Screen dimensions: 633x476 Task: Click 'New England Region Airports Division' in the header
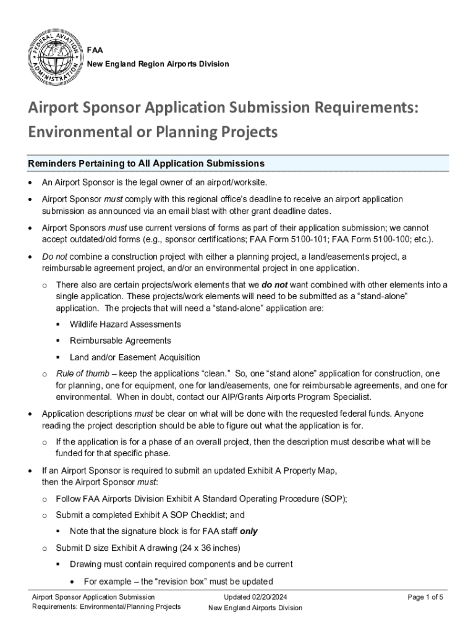(x=158, y=64)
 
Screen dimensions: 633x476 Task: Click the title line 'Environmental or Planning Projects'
(x=153, y=132)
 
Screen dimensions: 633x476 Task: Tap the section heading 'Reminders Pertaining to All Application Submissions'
(x=147, y=164)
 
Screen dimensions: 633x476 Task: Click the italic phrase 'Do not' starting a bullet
(x=54, y=256)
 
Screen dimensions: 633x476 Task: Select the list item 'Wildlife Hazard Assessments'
(x=125, y=325)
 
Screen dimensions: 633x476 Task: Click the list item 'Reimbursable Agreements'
(x=121, y=341)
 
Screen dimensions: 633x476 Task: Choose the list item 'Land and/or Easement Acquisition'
(x=135, y=357)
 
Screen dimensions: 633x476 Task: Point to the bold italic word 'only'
(x=249, y=531)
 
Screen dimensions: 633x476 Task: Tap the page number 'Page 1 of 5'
(x=426, y=597)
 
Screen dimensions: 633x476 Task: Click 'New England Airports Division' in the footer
(x=255, y=608)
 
